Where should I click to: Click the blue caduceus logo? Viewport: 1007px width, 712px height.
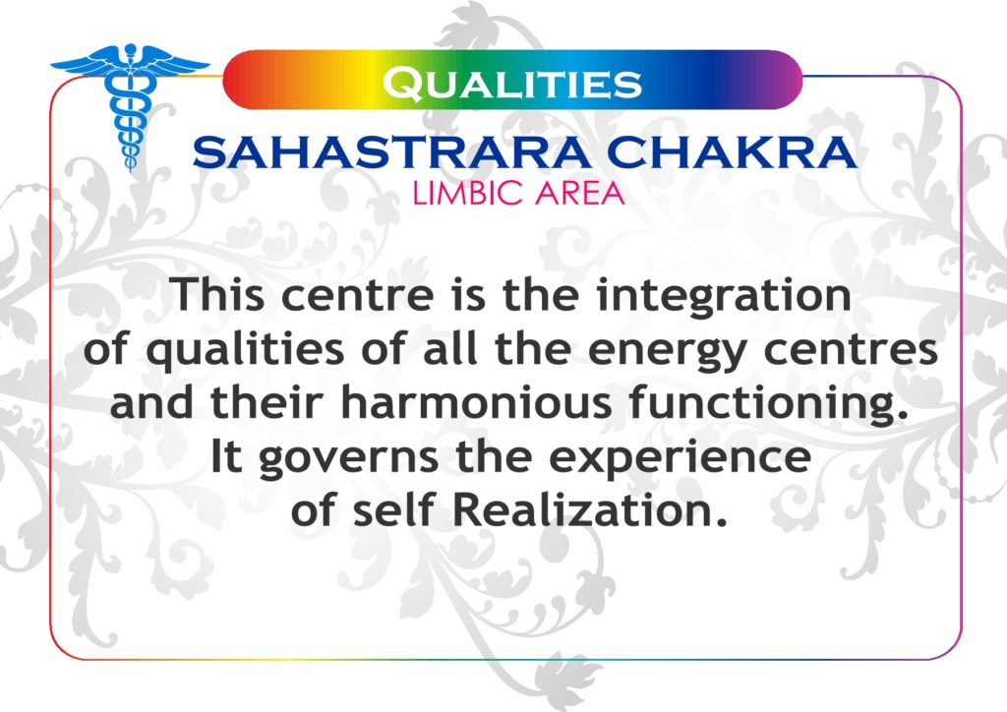coord(131,102)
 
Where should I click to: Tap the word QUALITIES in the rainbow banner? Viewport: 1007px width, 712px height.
coord(511,84)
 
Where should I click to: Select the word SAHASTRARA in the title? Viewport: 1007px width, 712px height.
coord(391,152)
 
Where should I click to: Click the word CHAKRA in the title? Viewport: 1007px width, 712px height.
coord(732,152)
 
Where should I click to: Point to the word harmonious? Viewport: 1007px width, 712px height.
coord(476,402)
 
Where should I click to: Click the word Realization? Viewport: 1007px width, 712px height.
coord(591,509)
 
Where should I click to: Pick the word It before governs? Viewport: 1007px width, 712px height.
coord(226,456)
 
